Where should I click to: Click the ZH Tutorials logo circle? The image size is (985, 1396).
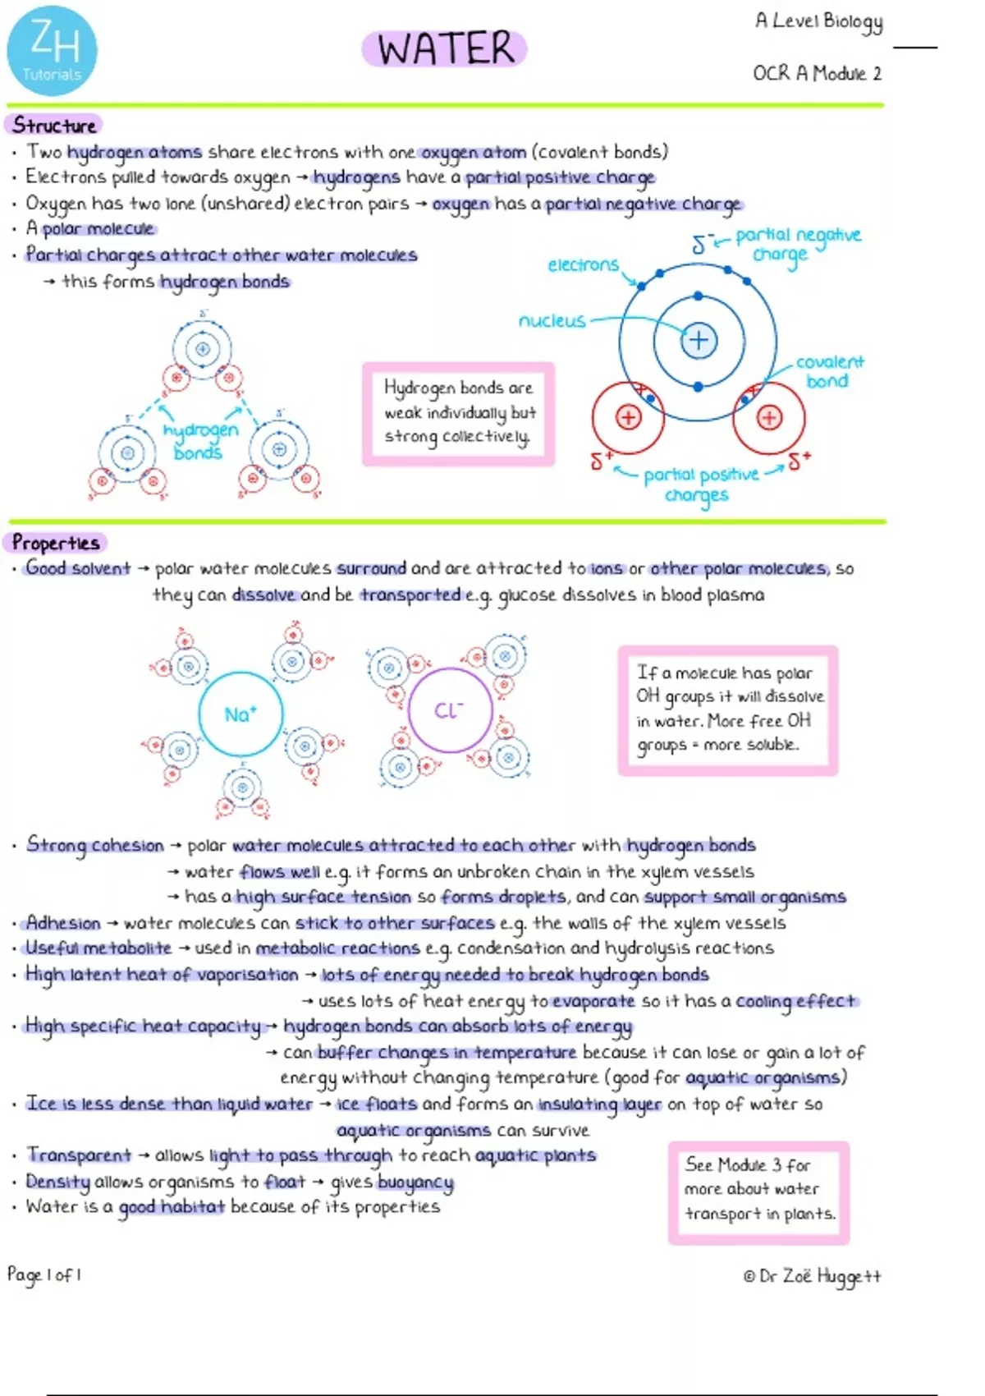click(x=52, y=51)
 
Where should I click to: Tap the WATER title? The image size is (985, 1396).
click(x=445, y=48)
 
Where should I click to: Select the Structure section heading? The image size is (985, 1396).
click(x=54, y=125)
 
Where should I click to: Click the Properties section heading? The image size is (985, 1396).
click(x=56, y=543)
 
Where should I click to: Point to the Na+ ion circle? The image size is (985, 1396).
click(x=241, y=714)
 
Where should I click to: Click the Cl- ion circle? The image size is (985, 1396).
click(x=450, y=710)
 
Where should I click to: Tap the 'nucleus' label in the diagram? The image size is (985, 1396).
click(x=552, y=320)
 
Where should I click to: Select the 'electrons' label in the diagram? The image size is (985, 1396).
click(x=583, y=264)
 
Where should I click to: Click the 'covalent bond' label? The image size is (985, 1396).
click(x=829, y=371)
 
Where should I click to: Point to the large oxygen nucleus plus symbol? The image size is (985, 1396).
click(x=699, y=340)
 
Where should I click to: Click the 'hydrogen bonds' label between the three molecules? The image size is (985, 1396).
click(x=199, y=441)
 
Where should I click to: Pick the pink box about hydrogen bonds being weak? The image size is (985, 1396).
click(x=458, y=413)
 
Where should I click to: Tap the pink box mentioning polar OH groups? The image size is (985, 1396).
click(x=728, y=709)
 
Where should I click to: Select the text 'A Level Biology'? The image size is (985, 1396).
click(x=818, y=21)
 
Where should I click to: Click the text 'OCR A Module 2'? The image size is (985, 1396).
click(x=817, y=74)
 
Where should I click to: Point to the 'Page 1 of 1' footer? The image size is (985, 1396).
click(x=44, y=1274)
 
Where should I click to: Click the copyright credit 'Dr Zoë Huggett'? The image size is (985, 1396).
click(x=812, y=1276)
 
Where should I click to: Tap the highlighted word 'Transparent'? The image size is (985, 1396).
click(x=79, y=1155)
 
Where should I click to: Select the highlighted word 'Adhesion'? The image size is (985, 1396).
click(x=63, y=923)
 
